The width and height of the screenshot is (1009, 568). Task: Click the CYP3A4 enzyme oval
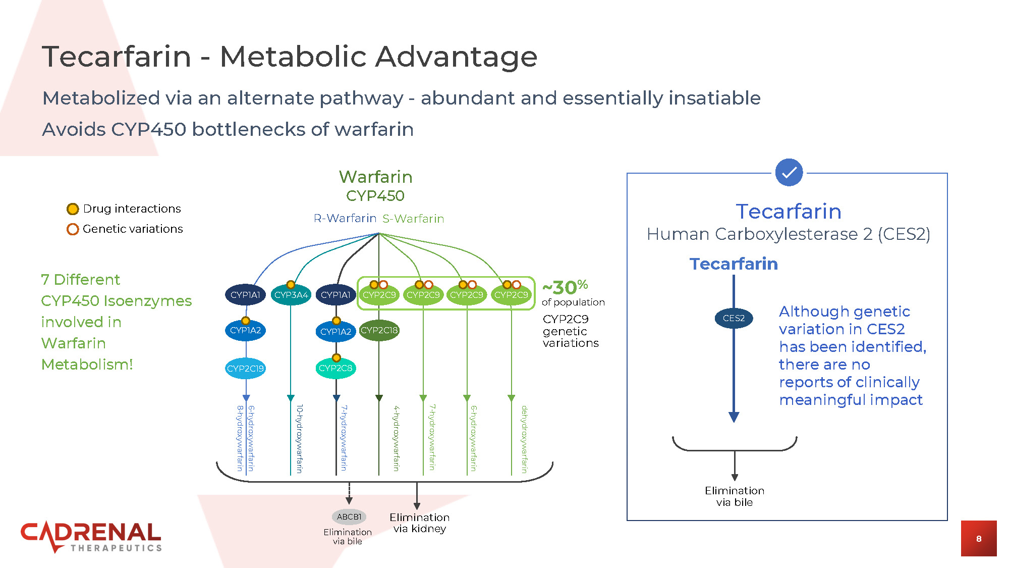[x=291, y=295]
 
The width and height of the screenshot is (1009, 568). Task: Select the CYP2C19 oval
[x=245, y=369]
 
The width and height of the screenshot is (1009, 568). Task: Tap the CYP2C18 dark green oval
[x=379, y=330]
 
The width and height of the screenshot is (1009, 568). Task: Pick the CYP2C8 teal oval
[x=335, y=368]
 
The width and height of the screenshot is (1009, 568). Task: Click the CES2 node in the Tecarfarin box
[x=734, y=318]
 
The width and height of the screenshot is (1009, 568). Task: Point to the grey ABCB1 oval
[x=349, y=517]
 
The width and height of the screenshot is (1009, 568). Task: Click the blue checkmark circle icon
[x=789, y=172]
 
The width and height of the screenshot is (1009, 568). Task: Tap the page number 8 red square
[x=979, y=538]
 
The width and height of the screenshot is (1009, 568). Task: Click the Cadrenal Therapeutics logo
[x=91, y=537]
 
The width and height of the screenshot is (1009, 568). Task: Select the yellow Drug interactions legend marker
[x=73, y=209]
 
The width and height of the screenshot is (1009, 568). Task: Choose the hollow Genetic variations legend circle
[x=73, y=229]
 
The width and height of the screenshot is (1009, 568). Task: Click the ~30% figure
[x=565, y=287]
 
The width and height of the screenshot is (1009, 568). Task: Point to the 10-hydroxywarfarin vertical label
[x=300, y=439]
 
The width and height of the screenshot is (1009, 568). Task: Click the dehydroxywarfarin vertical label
[x=525, y=439]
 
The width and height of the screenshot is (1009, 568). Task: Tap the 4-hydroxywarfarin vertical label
[x=397, y=438]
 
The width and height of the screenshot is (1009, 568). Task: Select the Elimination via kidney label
[x=419, y=523]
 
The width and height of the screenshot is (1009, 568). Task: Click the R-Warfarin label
[x=345, y=218]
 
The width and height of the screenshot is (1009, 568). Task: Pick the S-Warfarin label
[x=413, y=219]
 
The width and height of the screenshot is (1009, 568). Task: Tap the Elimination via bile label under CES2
[x=735, y=496]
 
